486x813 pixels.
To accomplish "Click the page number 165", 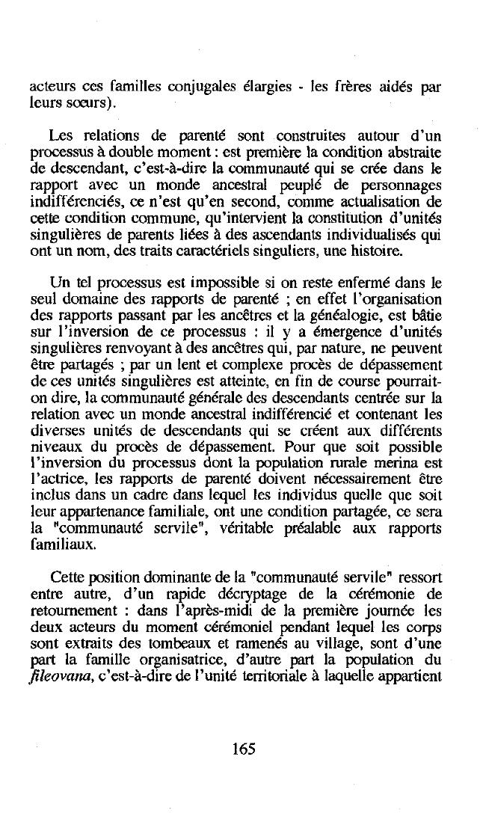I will pos(244,749).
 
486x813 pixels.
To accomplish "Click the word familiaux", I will pos(73,545).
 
